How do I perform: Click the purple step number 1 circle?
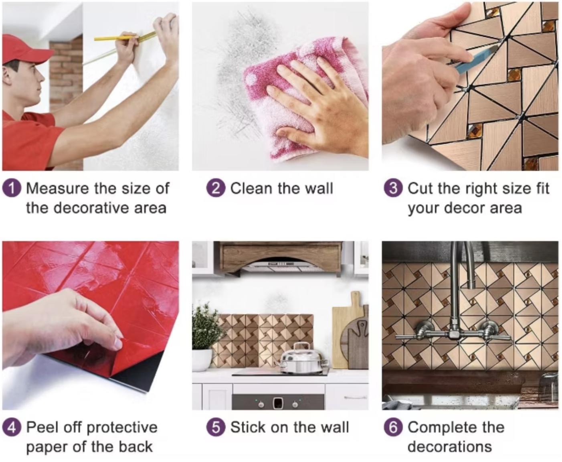coord(12,188)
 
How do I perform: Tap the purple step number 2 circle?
coord(216,188)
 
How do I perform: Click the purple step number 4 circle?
coord(12,428)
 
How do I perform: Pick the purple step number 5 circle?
coord(216,428)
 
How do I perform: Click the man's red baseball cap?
coord(25,49)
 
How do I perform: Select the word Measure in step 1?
coord(58,188)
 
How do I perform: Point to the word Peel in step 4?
coord(42,428)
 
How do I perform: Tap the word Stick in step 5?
coord(248,428)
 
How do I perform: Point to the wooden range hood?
coord(280,257)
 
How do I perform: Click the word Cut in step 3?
coord(420,188)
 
